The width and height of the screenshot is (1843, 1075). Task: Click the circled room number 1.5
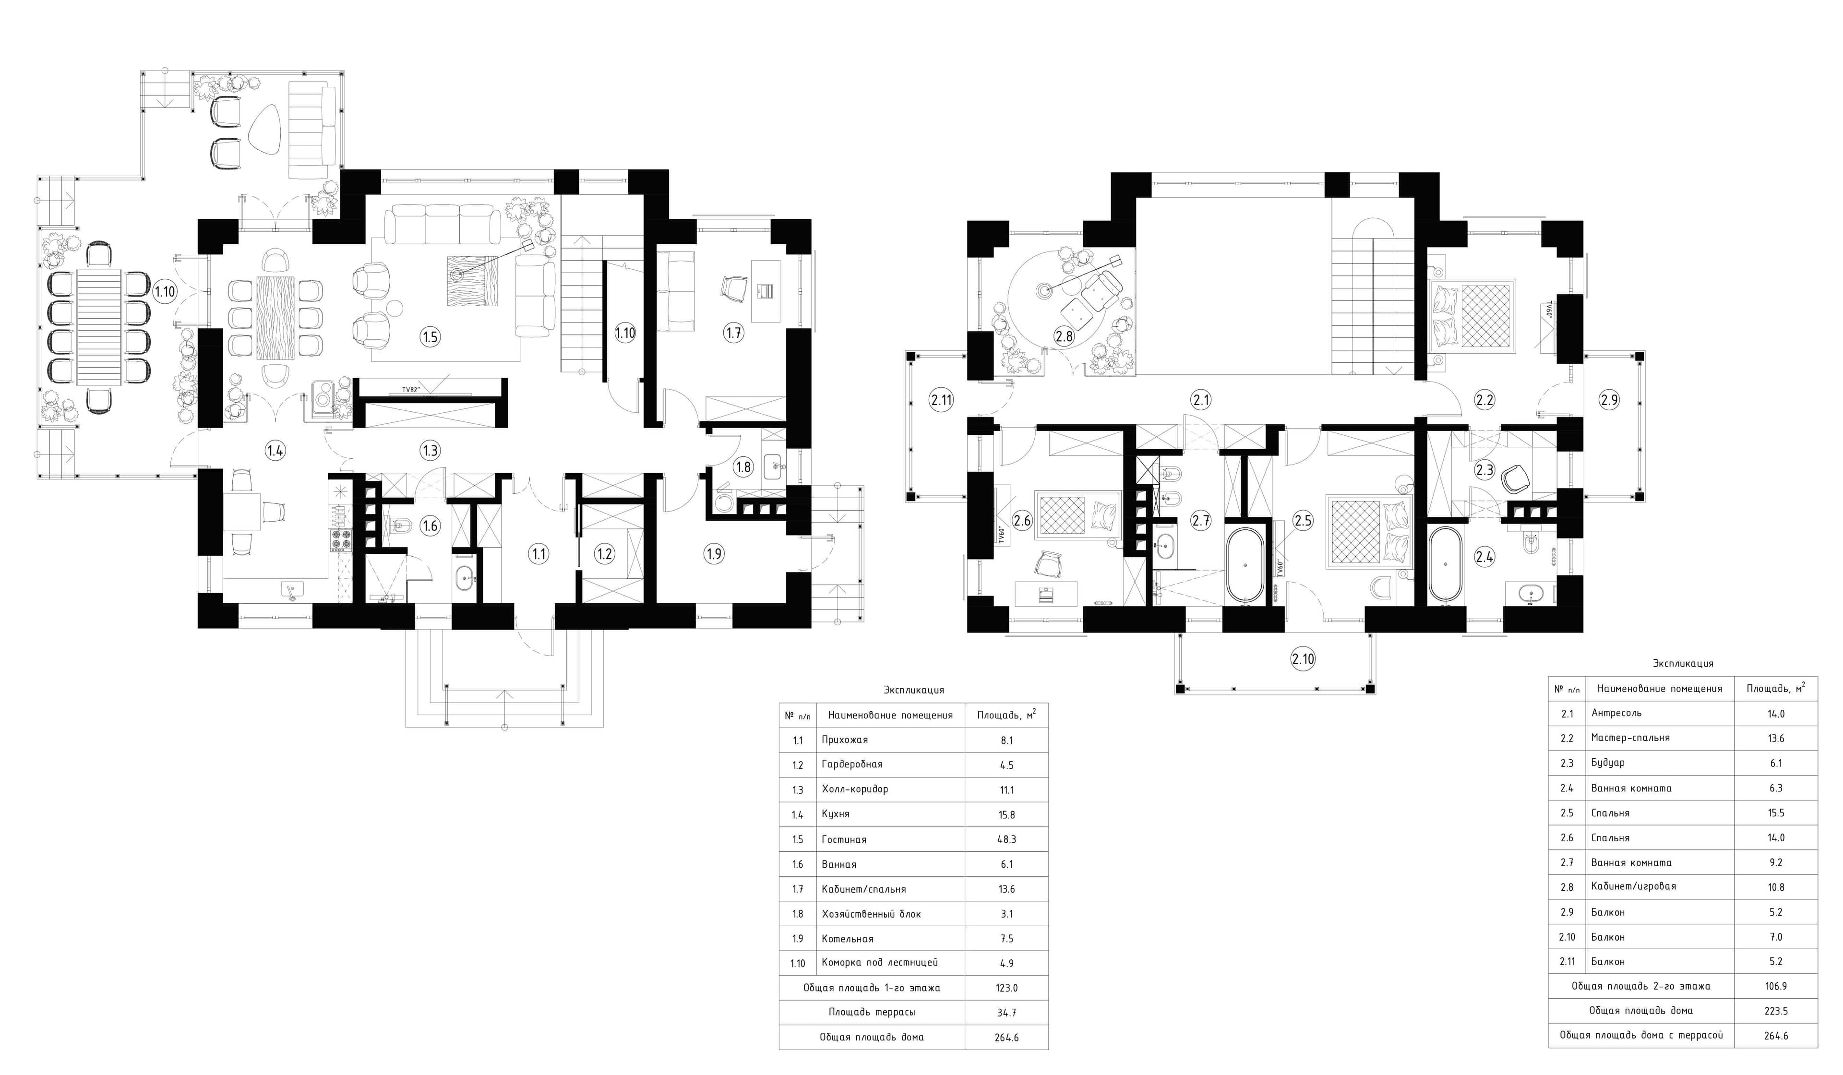pyautogui.click(x=430, y=336)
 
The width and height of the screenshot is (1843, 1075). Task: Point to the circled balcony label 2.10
pyautogui.click(x=1303, y=659)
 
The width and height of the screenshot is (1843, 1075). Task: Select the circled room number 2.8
pyautogui.click(x=1064, y=336)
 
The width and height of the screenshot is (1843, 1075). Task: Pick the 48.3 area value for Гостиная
pyautogui.click(x=1006, y=839)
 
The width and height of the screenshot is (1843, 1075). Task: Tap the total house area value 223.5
pyautogui.click(x=1776, y=1011)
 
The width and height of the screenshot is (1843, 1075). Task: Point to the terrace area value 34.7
pyautogui.click(x=1006, y=1013)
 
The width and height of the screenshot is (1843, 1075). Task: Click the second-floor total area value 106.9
pyautogui.click(x=1776, y=986)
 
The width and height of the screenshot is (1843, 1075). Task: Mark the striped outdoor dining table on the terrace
pyautogui.click(x=99, y=326)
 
